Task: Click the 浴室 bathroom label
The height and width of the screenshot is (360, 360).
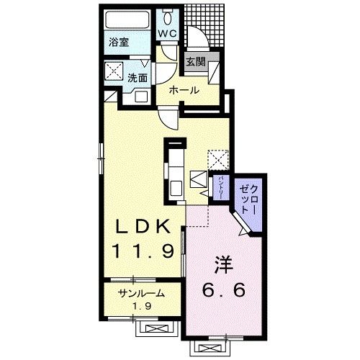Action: tap(119, 42)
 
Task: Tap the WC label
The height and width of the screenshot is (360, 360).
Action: tap(167, 33)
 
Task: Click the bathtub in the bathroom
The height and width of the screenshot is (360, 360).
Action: tap(127, 19)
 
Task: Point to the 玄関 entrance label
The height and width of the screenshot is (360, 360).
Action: tap(196, 62)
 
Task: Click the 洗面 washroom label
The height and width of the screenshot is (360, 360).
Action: tap(138, 78)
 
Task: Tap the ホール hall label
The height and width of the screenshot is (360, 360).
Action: tap(184, 91)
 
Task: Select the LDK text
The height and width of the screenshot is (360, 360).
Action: tap(143, 227)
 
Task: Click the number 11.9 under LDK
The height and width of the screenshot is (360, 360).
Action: tap(143, 251)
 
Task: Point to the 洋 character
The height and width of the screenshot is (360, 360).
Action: tap(224, 265)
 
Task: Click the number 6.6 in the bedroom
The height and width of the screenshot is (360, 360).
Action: tap(224, 289)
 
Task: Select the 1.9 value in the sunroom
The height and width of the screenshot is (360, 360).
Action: tap(142, 306)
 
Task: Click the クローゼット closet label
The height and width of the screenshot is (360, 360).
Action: tap(248, 199)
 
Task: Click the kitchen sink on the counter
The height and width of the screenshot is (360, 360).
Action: tap(176, 189)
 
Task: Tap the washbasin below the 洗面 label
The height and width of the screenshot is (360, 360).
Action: tap(140, 96)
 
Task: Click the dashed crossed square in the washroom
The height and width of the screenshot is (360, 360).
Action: tap(114, 71)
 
